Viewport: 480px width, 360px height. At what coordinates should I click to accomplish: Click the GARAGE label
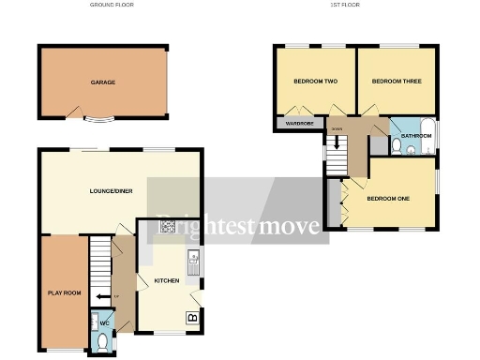103,82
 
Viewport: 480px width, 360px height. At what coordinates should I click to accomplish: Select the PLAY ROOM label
65,293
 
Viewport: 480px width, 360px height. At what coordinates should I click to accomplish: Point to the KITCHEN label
167,280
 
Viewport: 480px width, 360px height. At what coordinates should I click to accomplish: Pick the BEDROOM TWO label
315,82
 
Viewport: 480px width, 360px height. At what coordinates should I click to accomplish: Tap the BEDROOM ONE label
388,198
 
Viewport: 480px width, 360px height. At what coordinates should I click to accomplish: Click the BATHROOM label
416,136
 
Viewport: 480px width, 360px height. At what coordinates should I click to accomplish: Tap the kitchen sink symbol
192,265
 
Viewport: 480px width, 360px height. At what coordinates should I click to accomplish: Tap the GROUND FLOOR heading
112,5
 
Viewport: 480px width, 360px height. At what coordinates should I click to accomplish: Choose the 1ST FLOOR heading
344,5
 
